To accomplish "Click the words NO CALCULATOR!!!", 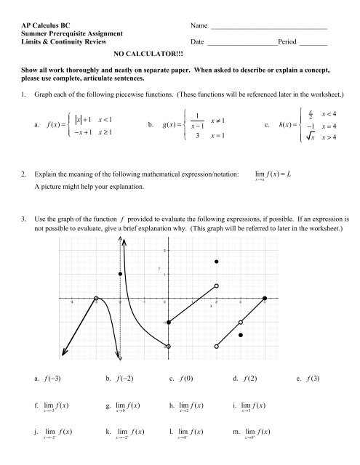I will [x=150, y=54].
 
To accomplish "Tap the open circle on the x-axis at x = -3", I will [x=97, y=299].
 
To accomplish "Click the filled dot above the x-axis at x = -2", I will [x=120, y=274].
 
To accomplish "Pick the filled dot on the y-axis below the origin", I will [x=169, y=322].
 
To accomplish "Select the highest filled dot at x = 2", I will [x=217, y=261].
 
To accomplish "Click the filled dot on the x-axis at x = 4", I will [x=265, y=299].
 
